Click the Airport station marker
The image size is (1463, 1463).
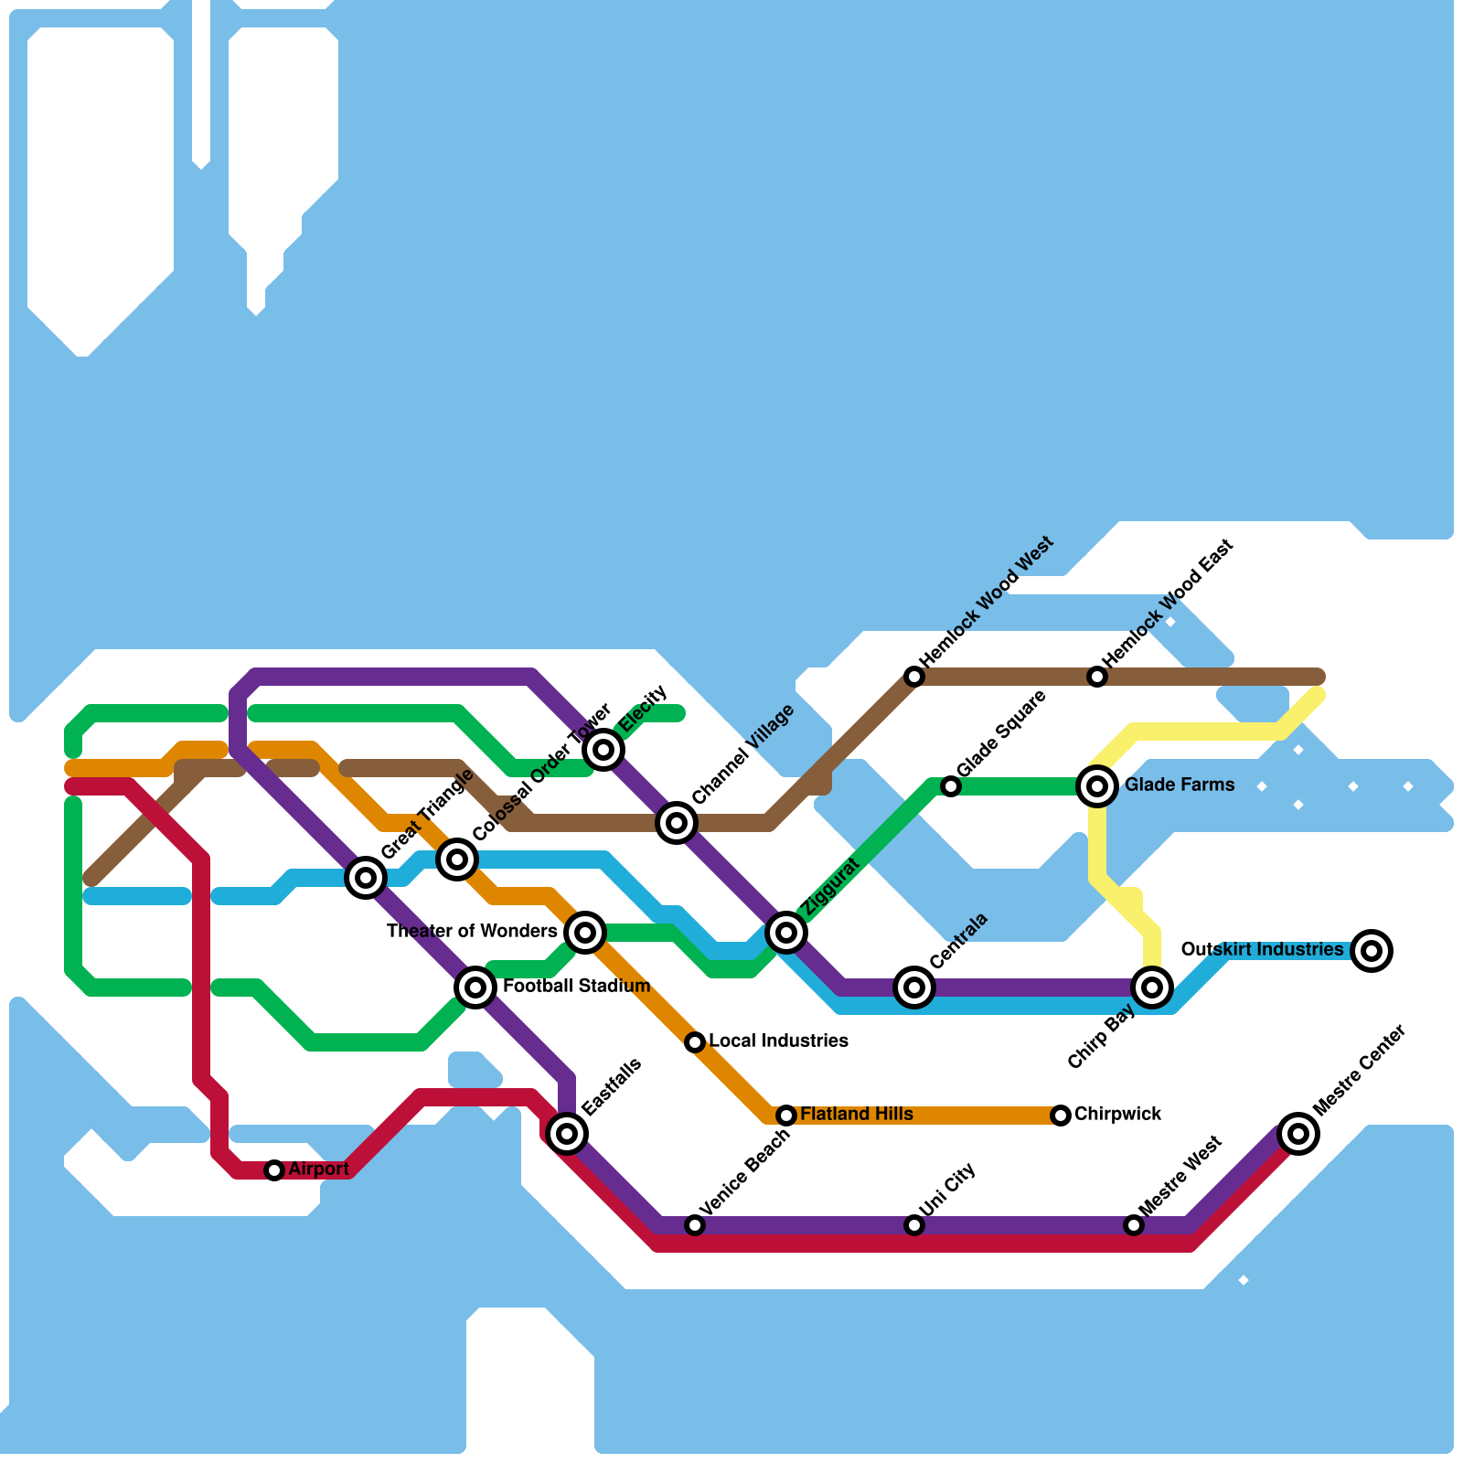click(274, 1170)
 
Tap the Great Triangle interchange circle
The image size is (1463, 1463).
click(366, 878)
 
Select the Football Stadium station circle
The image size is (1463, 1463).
click(475, 988)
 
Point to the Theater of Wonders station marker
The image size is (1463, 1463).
click(585, 933)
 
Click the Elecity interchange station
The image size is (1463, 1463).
click(603, 750)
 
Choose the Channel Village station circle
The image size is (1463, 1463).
click(677, 823)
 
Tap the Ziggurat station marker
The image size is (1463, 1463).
click(786, 933)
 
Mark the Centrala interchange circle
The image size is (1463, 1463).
click(914, 988)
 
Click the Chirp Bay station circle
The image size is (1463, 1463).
click(1152, 988)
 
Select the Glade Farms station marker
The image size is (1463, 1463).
click(1097, 786)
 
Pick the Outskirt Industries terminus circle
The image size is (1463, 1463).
click(1372, 951)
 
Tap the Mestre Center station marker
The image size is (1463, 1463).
click(1298, 1134)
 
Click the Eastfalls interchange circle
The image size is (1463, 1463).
click(567, 1134)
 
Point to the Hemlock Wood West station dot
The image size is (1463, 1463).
click(914, 677)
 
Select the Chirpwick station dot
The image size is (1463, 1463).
click(1061, 1116)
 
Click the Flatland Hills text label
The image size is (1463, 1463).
click(856, 1115)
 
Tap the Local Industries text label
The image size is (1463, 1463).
click(778, 1041)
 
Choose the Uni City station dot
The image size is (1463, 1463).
click(914, 1225)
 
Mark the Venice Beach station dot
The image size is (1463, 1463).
click(695, 1225)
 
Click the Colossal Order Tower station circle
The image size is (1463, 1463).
click(457, 860)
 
